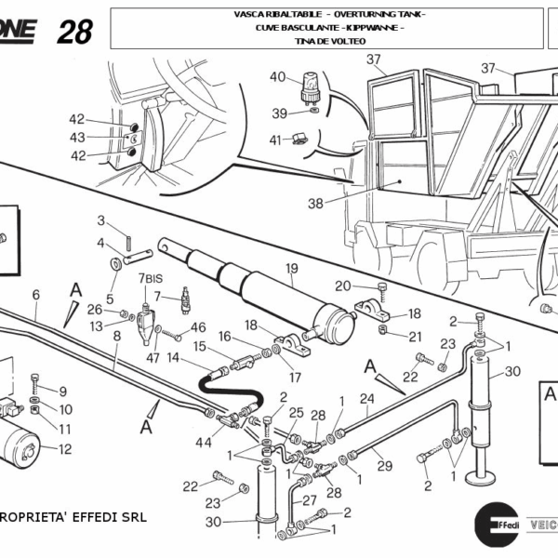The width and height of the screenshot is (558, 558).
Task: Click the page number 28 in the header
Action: (74, 32)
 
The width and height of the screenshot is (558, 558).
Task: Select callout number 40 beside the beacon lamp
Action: (277, 76)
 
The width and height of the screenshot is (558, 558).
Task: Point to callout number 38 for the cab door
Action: (315, 203)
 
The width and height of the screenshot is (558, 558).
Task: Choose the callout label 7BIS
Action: (151, 279)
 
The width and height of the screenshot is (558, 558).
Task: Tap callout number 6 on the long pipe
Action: (35, 295)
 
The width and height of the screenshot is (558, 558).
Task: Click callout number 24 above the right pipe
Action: (366, 401)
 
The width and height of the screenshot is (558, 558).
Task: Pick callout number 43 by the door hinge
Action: (77, 137)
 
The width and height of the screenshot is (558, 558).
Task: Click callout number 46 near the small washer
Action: (198, 326)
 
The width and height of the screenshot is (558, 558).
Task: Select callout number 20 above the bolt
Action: (342, 286)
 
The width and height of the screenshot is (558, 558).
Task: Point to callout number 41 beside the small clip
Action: (274, 139)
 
